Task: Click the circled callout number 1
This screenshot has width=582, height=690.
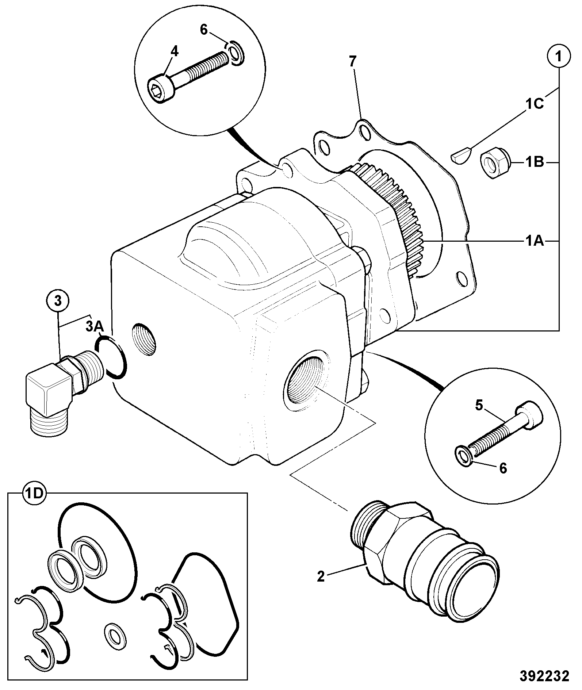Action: (x=559, y=57)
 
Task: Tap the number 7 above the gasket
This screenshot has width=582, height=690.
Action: (x=352, y=62)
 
